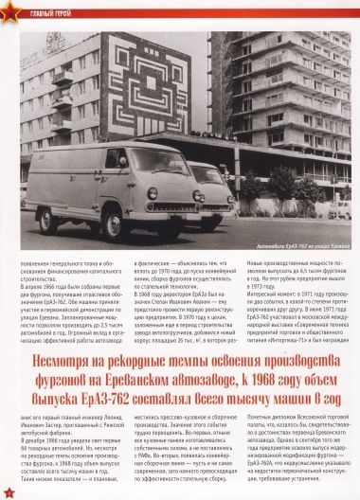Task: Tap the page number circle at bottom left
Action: pos(8,492)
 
